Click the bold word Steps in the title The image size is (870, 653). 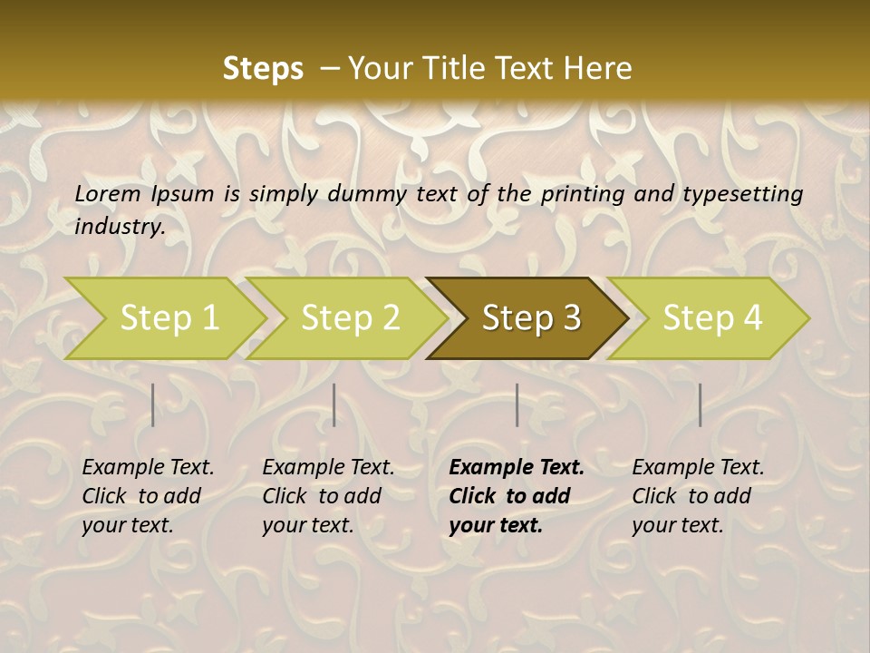tap(263, 68)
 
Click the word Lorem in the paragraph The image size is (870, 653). tap(108, 193)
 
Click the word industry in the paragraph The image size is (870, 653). tap(119, 227)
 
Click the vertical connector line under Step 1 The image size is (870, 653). tap(152, 404)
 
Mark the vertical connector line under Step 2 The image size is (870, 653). tap(334, 404)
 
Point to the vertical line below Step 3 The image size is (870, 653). tap(517, 404)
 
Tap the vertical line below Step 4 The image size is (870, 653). tap(700, 404)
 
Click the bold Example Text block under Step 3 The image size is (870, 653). tap(516, 496)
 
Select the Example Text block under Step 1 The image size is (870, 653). tap(148, 496)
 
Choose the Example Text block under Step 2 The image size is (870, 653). tap(328, 496)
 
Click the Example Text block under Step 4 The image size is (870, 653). tap(698, 496)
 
